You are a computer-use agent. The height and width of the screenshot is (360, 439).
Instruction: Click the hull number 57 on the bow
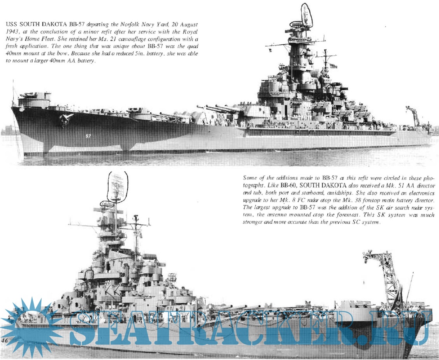(x=88, y=136)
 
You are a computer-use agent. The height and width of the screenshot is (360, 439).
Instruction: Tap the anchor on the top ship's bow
(x=65, y=119)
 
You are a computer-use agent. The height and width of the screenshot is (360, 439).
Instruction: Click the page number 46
(x=4, y=341)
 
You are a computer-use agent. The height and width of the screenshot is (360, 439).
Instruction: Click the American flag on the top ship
(x=333, y=66)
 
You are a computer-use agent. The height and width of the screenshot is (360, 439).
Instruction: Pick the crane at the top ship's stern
(x=413, y=115)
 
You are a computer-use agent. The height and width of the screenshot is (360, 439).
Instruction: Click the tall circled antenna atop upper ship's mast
(x=306, y=16)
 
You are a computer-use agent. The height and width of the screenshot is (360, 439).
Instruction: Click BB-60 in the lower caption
(x=289, y=185)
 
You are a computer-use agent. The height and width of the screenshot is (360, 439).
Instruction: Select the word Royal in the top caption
(x=190, y=31)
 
